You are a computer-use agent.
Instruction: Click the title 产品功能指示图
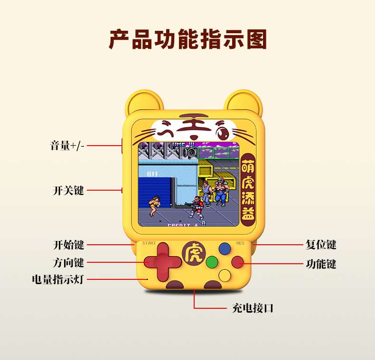tap(187, 39)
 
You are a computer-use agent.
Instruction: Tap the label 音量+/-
tap(67, 146)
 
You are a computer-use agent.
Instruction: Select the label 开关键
tap(68, 191)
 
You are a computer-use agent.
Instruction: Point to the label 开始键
tap(68, 245)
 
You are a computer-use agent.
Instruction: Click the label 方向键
tap(68, 262)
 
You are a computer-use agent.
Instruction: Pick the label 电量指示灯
tap(57, 279)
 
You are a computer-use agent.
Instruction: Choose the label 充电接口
tap(253, 308)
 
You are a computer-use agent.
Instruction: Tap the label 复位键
tap(321, 245)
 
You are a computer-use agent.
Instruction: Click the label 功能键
tap(321, 264)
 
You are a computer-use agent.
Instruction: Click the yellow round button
tap(224, 275)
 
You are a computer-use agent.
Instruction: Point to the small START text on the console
tap(149, 243)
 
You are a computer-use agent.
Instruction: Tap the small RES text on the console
tap(240, 243)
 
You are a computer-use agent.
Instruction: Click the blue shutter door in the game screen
tap(154, 190)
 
